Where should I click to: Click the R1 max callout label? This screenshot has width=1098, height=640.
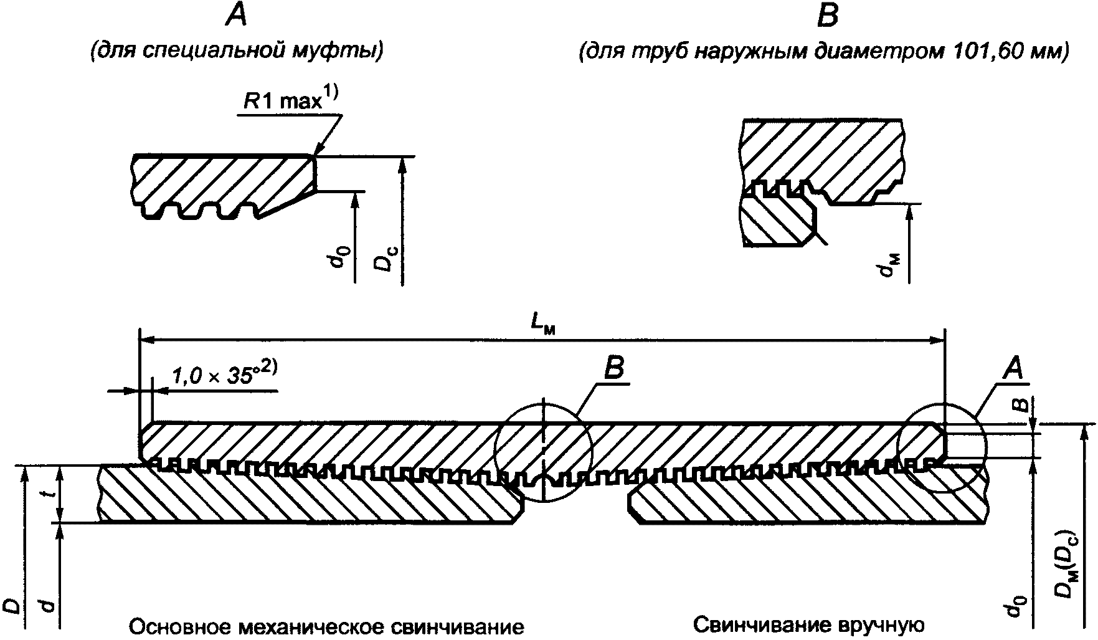pyautogui.click(x=290, y=100)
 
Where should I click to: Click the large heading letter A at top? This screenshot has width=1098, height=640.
pyautogui.click(x=237, y=15)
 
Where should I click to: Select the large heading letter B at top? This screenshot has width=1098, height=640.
pyautogui.click(x=828, y=15)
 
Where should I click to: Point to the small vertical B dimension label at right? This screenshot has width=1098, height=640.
pyautogui.click(x=1020, y=406)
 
